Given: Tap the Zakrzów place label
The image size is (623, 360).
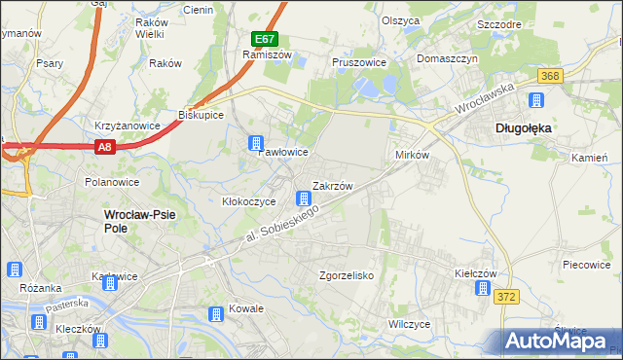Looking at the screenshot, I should coord(332,184).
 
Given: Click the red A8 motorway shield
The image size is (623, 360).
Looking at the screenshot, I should coord(105,147).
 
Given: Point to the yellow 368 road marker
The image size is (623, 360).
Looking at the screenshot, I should coord(550,76).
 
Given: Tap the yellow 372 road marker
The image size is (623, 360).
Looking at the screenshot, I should coord(504,296).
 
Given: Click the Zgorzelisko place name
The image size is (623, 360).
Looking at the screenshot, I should coord(348,275).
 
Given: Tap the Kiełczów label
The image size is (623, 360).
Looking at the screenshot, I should coord(477,275).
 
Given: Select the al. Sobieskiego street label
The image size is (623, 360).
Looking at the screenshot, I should coord(281,225).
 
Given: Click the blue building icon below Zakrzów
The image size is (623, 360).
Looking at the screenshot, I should coord(305,199).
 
